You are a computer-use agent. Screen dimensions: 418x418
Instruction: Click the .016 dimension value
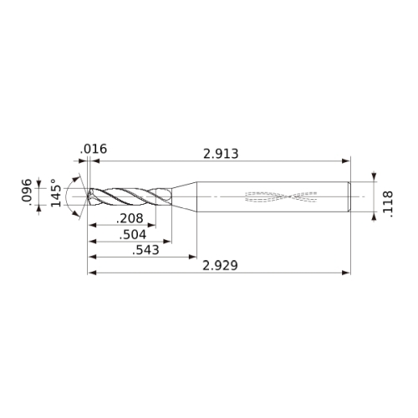[x=94, y=149]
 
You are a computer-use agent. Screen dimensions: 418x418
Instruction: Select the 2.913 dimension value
[x=221, y=154]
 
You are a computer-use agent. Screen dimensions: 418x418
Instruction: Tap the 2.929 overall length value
[x=220, y=265]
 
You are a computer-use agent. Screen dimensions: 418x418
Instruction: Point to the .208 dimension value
[x=130, y=218]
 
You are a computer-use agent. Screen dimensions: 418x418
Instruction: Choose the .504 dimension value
[x=133, y=235]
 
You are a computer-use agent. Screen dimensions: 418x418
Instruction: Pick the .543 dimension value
[x=145, y=250]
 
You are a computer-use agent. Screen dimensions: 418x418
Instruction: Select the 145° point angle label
[x=56, y=193]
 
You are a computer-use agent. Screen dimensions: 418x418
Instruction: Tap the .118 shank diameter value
[x=388, y=204]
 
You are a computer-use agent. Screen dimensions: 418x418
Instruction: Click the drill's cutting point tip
[x=88, y=196]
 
